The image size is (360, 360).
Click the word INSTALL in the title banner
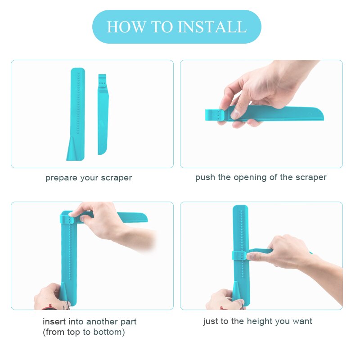point(212,27)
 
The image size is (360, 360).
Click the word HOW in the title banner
point(120,27)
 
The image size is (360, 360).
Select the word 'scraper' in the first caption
point(117,178)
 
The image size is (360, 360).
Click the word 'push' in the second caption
point(205,177)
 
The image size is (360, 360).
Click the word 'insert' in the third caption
point(54,322)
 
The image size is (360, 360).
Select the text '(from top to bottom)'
point(84,333)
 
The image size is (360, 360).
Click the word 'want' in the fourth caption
point(302,321)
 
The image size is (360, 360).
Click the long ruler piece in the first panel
point(77,108)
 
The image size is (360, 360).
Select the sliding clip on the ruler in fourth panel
point(239,256)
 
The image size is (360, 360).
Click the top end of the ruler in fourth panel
point(241,211)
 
